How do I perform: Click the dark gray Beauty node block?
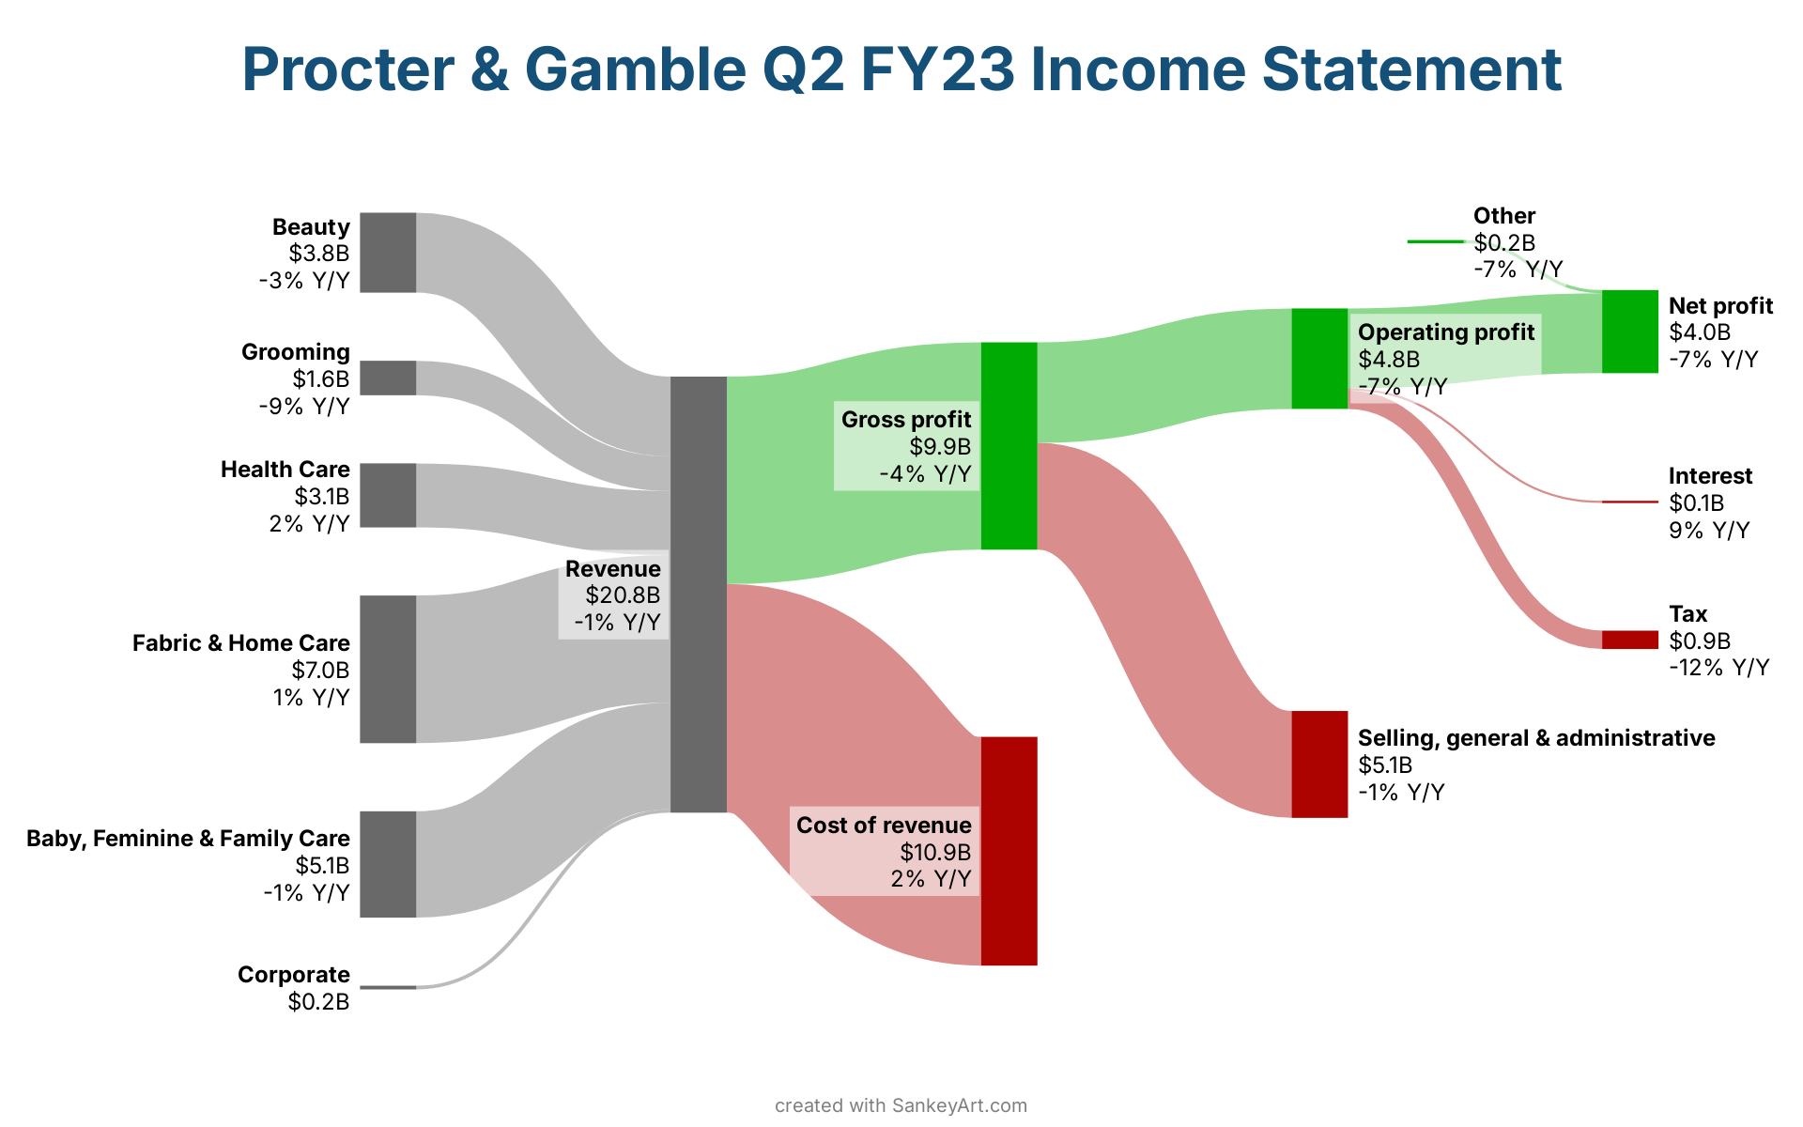388,253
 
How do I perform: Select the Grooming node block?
388,378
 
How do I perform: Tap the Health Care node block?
388,495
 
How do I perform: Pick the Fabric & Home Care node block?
388,669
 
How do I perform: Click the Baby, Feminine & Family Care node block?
388,864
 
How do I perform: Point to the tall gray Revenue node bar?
699,594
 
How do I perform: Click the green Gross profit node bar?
1009,446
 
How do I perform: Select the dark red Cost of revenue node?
1009,851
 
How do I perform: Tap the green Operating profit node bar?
1319,359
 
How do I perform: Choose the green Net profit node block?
1630,332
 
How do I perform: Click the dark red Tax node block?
1630,640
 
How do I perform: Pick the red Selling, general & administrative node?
1319,764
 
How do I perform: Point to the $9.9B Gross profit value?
940,446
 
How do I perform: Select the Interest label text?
1710,476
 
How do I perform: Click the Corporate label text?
294,975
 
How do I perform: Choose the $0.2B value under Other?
1504,243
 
